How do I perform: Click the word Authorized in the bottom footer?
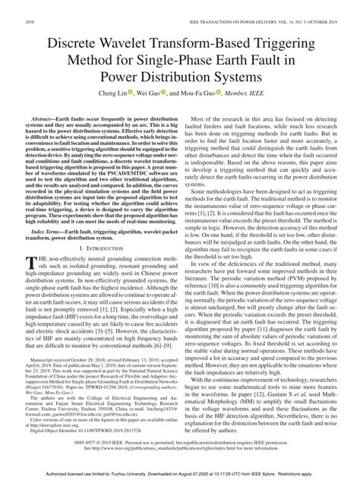65,474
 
